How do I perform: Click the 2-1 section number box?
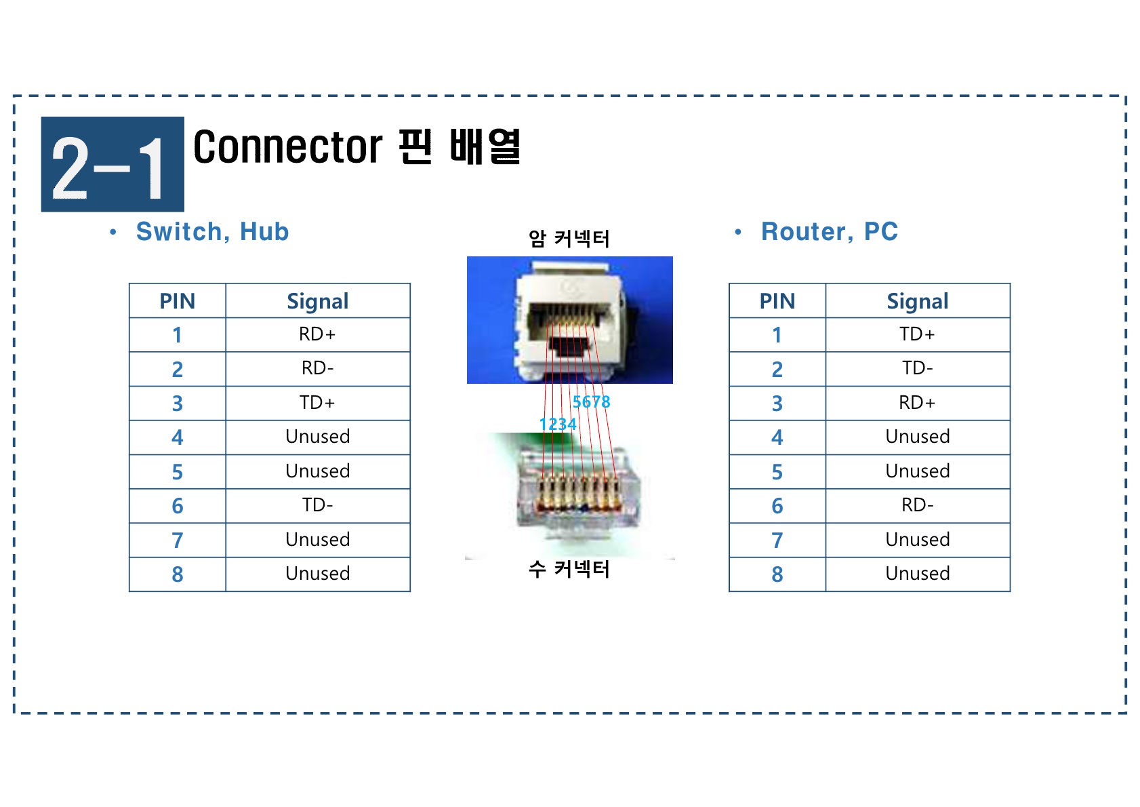click(113, 164)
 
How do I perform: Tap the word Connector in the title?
click(288, 147)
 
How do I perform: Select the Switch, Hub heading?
click(212, 232)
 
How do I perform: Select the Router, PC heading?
click(829, 232)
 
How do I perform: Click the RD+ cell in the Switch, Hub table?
click(317, 334)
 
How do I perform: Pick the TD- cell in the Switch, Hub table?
click(317, 505)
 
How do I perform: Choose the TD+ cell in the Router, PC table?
click(917, 334)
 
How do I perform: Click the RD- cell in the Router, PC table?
click(917, 505)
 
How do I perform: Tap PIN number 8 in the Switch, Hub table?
click(177, 574)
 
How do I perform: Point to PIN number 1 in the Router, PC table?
click(777, 335)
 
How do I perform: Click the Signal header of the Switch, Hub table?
click(317, 301)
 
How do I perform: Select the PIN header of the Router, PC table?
click(777, 301)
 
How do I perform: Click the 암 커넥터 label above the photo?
click(569, 239)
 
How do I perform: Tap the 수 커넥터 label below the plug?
click(569, 569)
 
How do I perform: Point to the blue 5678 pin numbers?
click(591, 402)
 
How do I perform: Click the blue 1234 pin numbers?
click(557, 425)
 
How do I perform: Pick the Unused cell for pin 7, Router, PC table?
click(917, 540)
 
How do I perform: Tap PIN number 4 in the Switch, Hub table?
click(177, 437)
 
